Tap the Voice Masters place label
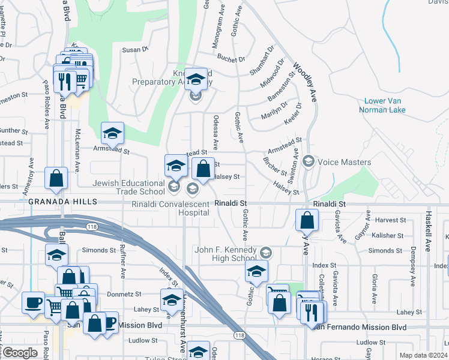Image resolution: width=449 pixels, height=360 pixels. click(x=344, y=162)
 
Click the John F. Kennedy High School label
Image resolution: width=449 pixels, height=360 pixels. click(x=226, y=254)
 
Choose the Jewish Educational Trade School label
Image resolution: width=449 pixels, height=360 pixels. click(x=128, y=187)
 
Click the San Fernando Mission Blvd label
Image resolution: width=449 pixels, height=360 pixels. click(x=359, y=328)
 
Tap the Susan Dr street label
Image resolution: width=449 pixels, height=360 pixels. click(x=136, y=50)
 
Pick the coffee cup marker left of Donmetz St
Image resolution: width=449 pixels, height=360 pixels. click(x=32, y=301)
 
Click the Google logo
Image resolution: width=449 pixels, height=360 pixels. click(x=20, y=353)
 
